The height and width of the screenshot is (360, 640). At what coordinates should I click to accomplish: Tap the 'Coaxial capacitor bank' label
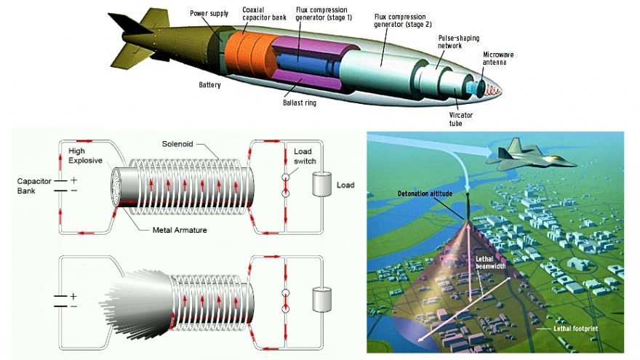257,12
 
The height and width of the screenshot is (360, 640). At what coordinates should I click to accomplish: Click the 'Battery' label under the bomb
209,84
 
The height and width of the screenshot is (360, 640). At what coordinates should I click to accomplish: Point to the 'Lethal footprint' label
575,329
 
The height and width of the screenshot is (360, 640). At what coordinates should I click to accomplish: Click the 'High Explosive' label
87,155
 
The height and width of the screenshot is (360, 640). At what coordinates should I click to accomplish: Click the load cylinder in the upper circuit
320,185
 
